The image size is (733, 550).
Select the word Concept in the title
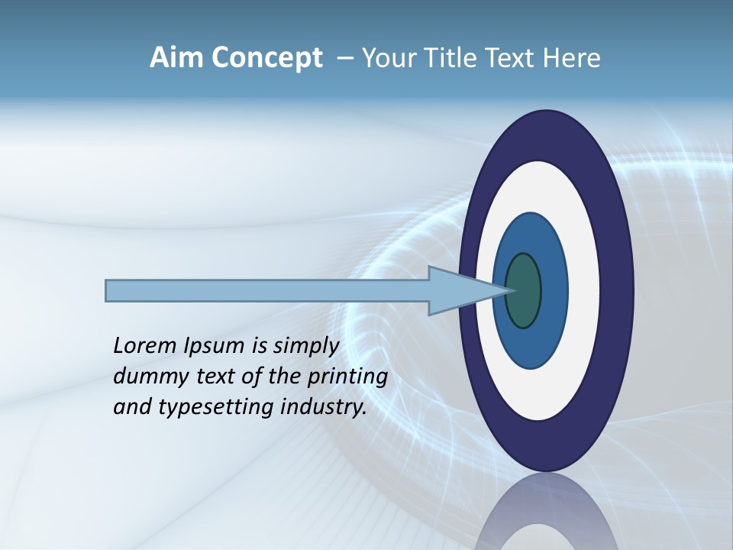click(x=266, y=57)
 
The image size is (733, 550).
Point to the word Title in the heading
click(x=450, y=57)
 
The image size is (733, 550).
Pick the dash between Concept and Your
click(x=344, y=59)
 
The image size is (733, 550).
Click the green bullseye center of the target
click(x=523, y=290)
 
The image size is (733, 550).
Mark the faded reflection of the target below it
click(x=545, y=516)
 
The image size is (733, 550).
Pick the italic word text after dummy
click(x=205, y=377)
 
